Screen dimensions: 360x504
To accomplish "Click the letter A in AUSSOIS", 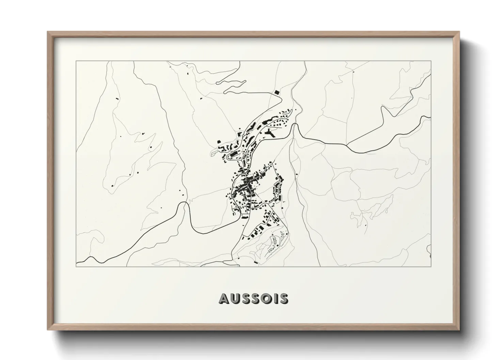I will pos(224,298).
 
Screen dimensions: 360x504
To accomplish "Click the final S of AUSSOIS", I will pos(284,298).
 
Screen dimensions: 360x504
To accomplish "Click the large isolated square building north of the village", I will pos(277,92).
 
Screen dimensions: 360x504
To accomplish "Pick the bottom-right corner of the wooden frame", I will pos(459,330).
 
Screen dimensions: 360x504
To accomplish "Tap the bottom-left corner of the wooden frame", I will pos(48,330).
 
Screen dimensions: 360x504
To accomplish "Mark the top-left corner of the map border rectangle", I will pos(76,61).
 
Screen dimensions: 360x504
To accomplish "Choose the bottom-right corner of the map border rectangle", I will pos(431,267).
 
